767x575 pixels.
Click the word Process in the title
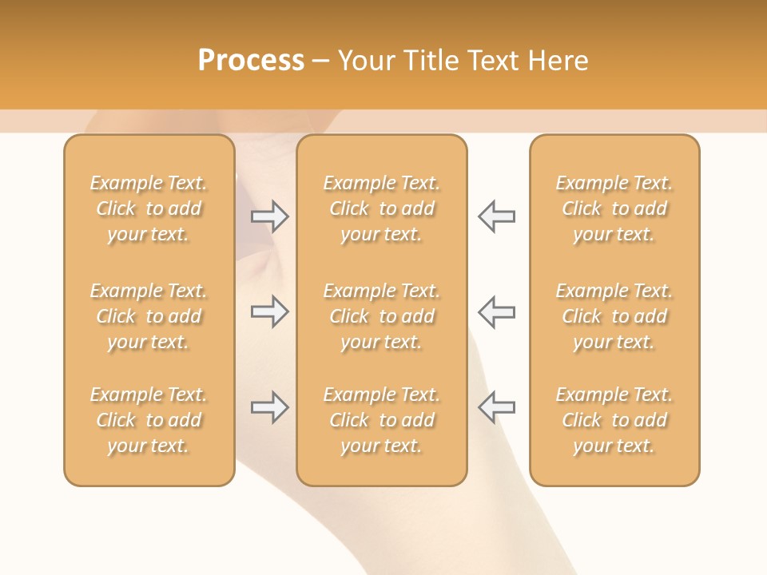[x=251, y=60]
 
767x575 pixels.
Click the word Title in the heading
[x=430, y=60]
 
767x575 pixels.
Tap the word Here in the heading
[x=558, y=60]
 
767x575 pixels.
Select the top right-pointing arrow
[x=269, y=216]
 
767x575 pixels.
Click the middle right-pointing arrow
[x=269, y=311]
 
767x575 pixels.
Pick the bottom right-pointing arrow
[x=269, y=407]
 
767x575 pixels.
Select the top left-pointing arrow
[x=496, y=216]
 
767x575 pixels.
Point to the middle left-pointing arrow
[x=496, y=311]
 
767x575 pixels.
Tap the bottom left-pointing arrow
[x=496, y=407]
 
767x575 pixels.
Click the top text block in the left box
[x=149, y=208]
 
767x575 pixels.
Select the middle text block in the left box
[x=149, y=316]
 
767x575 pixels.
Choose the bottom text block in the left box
[x=149, y=420]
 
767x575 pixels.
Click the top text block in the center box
[x=381, y=208]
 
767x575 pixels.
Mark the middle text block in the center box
[x=381, y=316]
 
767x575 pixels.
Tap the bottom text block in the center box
[x=381, y=420]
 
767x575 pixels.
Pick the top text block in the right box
[x=614, y=208]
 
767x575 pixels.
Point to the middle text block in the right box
[x=614, y=316]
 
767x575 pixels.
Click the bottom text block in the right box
[x=614, y=420]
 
